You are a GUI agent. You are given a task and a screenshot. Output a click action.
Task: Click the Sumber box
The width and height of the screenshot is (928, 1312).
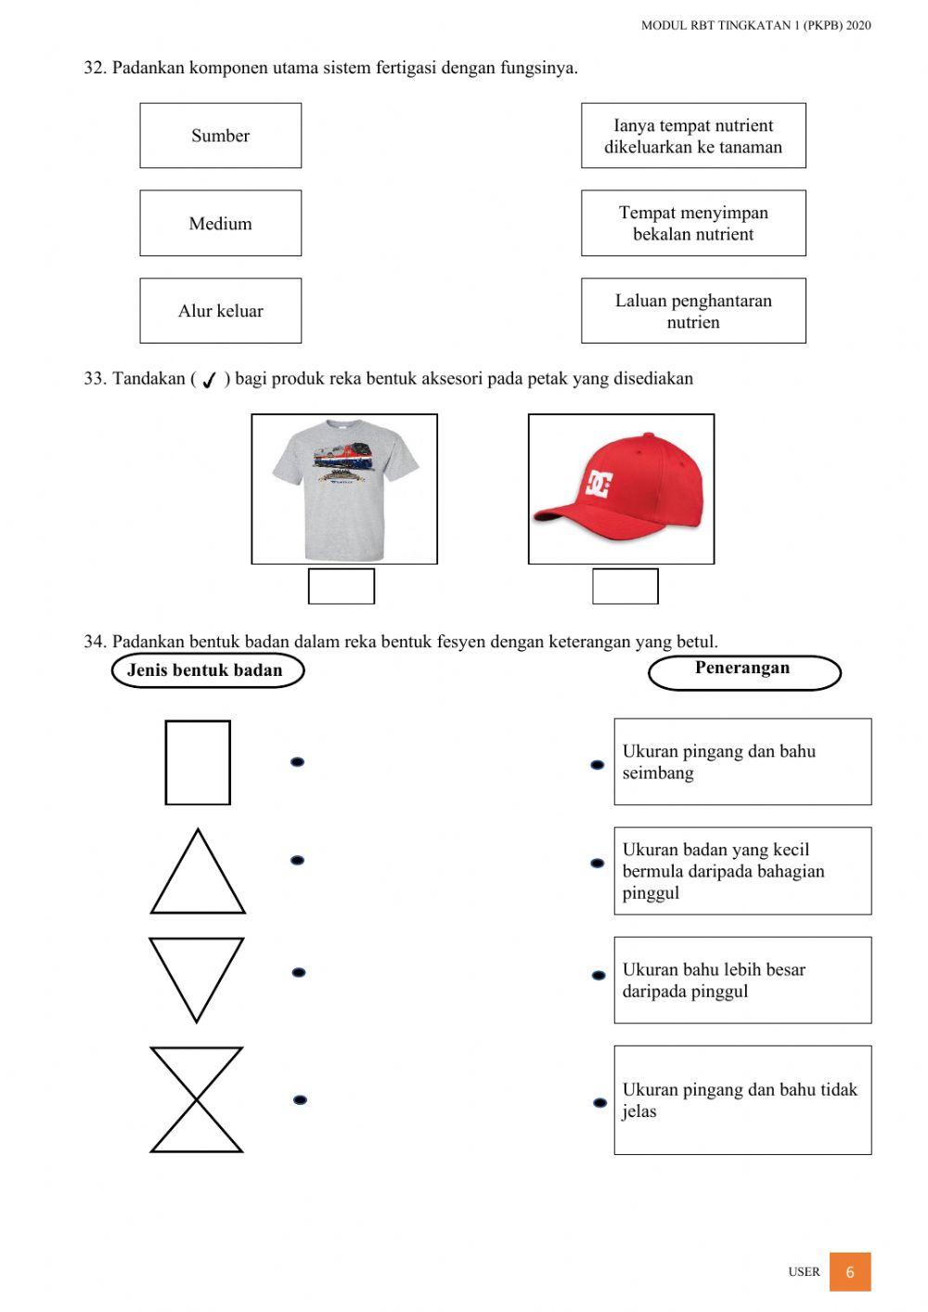click(x=220, y=136)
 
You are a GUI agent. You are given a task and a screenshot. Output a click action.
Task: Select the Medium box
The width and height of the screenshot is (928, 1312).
click(x=220, y=223)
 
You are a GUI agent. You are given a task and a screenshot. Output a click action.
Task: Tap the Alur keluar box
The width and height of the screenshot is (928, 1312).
click(x=220, y=311)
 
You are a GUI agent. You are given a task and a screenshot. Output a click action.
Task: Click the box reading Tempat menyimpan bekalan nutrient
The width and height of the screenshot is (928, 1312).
click(x=693, y=223)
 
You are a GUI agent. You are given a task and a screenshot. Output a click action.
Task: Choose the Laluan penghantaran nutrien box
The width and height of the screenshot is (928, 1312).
click(x=693, y=311)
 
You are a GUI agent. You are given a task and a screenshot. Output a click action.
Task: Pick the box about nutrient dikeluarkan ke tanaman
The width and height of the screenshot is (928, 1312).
click(x=693, y=136)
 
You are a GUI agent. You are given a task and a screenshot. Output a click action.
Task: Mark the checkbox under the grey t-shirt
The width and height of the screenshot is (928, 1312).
click(x=342, y=587)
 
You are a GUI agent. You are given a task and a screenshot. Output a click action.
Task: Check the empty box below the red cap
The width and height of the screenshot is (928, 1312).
click(x=625, y=587)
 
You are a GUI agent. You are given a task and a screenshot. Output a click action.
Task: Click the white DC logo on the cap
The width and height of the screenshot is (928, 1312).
click(x=599, y=483)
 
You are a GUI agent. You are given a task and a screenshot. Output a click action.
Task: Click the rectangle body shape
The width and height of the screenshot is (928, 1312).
click(x=198, y=762)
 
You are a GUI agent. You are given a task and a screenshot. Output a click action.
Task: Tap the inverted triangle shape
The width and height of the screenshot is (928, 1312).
click(x=196, y=975)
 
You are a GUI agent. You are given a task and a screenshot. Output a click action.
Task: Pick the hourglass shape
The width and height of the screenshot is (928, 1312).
click(x=197, y=1100)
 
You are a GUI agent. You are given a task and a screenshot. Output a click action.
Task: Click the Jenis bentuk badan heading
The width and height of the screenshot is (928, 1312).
click(x=207, y=670)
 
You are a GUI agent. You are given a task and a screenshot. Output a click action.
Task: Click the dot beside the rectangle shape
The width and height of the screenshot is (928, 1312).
click(x=298, y=762)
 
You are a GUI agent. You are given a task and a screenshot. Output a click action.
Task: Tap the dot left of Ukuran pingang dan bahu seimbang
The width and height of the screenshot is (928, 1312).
click(x=598, y=765)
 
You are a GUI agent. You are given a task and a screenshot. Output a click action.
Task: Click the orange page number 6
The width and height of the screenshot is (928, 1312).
click(x=850, y=1272)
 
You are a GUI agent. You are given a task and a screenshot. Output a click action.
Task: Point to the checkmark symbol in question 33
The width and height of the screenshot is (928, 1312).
click(x=210, y=380)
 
